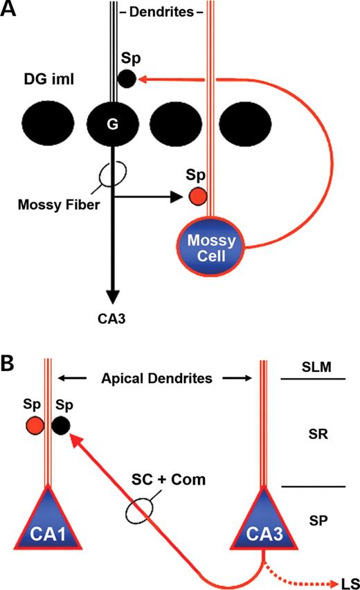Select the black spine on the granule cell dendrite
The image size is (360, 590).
click(x=127, y=79)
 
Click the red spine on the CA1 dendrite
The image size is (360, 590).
click(x=33, y=424)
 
